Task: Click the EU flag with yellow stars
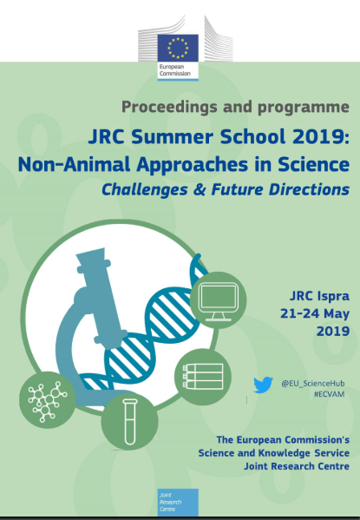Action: [178, 48]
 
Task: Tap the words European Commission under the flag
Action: [175, 70]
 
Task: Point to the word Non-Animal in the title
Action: [74, 164]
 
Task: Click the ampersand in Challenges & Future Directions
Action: [200, 190]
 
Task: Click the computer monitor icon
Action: [218, 299]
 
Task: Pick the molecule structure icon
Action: [48, 400]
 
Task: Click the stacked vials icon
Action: [202, 377]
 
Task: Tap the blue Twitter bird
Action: [263, 385]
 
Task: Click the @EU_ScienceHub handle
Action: [312, 384]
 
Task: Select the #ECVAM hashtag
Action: [329, 394]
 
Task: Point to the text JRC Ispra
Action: [319, 296]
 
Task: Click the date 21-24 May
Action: [315, 313]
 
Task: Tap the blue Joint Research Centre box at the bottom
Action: [178, 502]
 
